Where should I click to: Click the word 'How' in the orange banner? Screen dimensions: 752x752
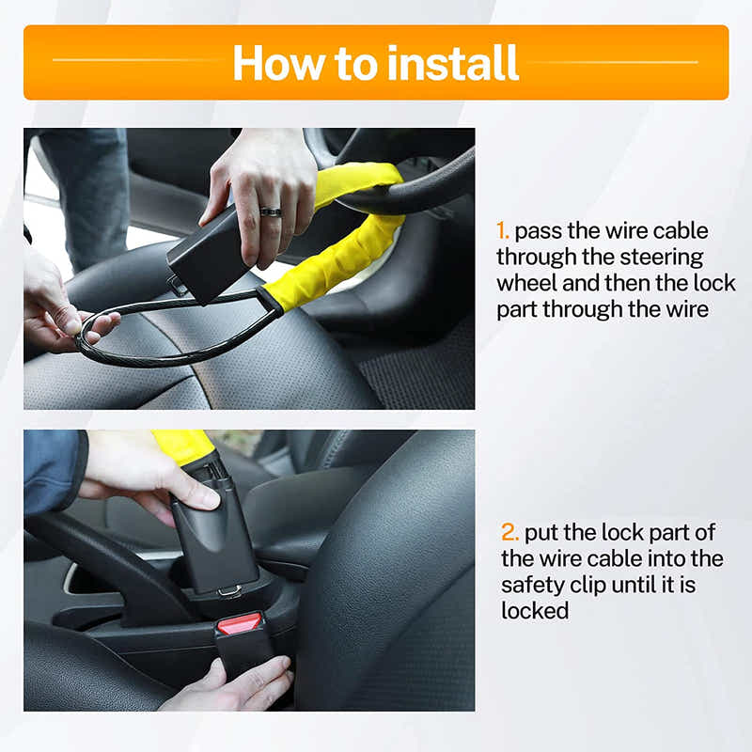click(x=275, y=62)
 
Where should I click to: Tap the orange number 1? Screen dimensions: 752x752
click(x=503, y=231)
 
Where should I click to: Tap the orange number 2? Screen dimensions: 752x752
click(x=509, y=533)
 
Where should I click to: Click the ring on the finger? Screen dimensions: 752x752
click(x=270, y=212)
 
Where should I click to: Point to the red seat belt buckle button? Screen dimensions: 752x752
click(x=240, y=622)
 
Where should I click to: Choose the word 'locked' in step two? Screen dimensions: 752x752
click(x=535, y=610)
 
